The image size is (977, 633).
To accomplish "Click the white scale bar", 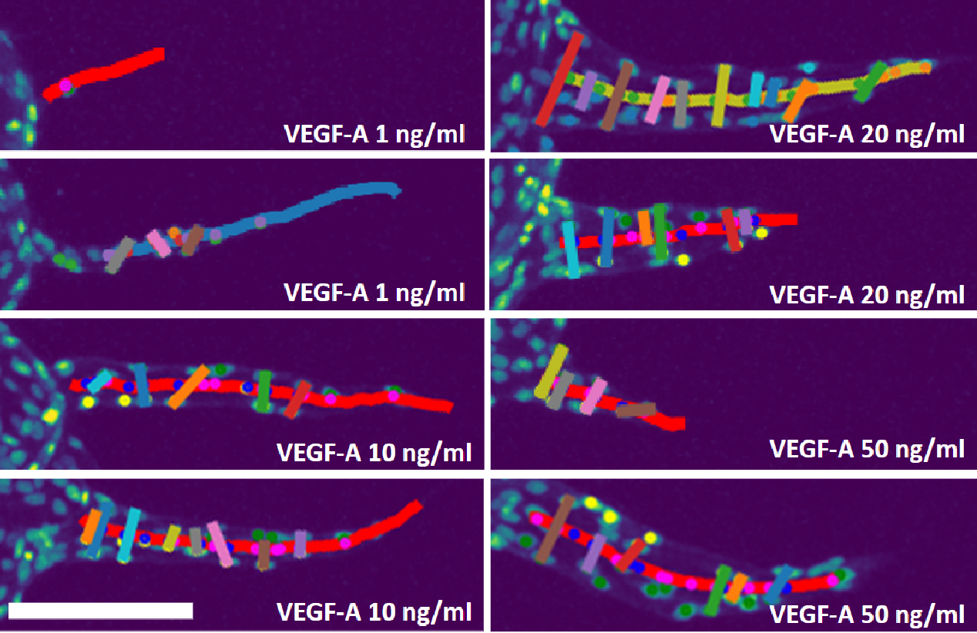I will point(100,611).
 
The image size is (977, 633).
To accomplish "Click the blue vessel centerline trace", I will point(324,202).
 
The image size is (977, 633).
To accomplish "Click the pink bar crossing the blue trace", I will point(159,243).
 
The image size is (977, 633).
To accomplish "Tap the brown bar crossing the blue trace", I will point(193,239).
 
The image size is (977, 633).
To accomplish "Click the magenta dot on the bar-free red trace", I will point(65,85).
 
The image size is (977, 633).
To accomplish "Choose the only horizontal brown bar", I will point(636,410).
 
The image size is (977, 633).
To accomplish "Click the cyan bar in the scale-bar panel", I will point(129,534).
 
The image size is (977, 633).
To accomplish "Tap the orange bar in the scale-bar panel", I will point(93,532).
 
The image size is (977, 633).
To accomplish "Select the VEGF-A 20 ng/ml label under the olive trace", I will point(867,135).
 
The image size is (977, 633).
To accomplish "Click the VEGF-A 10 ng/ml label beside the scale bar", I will point(374,612).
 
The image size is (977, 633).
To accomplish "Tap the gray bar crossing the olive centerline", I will point(680,103).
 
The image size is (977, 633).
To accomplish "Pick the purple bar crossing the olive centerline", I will point(586,89).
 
